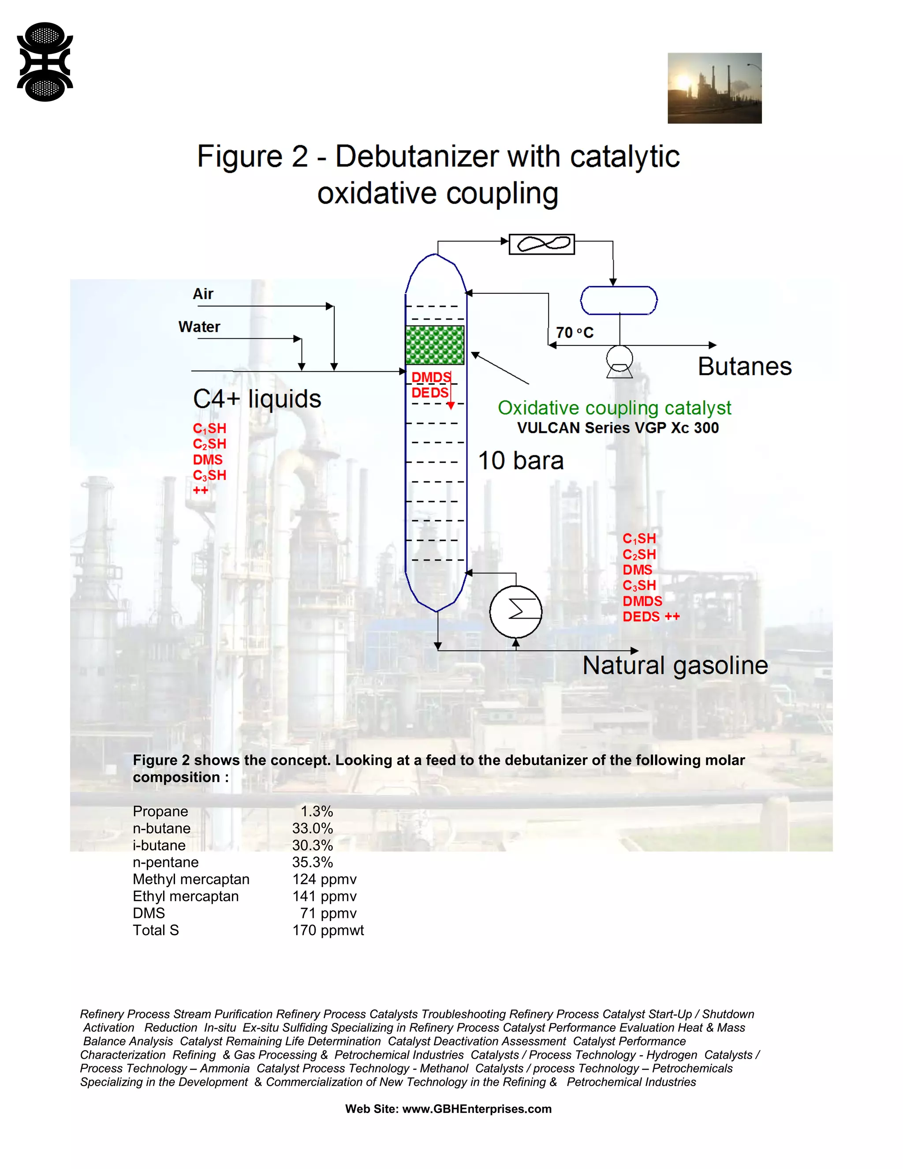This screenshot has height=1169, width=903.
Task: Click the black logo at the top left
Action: coord(45,62)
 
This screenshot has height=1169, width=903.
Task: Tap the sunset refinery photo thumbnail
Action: coord(714,88)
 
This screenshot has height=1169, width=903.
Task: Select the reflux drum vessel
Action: coord(619,300)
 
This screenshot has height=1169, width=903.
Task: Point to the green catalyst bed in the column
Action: coord(434,345)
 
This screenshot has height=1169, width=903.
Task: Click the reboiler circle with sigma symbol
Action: coord(516,611)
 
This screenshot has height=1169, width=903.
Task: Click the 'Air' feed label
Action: coord(203,294)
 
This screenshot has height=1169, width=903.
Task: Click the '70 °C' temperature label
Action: coord(575,333)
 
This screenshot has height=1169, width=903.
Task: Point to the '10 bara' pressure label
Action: coord(521,460)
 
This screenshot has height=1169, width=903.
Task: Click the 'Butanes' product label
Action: coord(745,367)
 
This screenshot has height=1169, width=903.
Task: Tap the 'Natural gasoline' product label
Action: coord(675,665)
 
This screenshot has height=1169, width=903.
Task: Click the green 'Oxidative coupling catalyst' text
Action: coord(614,408)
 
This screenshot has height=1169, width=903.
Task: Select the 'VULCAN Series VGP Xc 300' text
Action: coord(618,427)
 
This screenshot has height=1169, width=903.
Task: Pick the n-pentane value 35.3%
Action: coord(313,862)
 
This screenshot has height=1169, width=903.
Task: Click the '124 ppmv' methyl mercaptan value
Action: coord(324,880)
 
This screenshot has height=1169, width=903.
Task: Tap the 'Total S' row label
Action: coord(156,930)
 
